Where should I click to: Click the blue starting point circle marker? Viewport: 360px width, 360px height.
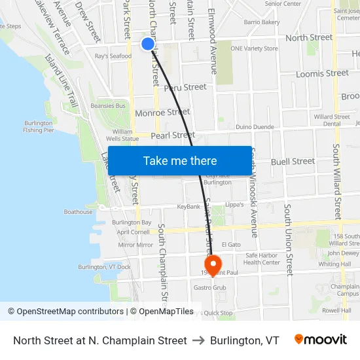point(148,44)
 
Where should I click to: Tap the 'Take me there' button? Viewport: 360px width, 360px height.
point(180,160)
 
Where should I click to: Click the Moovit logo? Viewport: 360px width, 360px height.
point(321,340)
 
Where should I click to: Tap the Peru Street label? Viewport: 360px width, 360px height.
point(185,87)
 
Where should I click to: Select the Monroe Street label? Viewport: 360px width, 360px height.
point(162,113)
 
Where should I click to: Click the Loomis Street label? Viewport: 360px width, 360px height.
point(322,73)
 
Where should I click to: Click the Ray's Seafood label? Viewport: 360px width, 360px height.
point(113,56)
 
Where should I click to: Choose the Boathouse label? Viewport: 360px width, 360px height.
point(78,211)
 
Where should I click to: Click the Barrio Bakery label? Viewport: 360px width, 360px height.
point(262,22)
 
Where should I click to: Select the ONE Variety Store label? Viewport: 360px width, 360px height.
point(254,48)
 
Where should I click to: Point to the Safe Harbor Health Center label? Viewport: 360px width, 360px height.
point(262,259)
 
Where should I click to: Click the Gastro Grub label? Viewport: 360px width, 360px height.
point(209,287)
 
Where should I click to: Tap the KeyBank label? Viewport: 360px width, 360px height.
point(189,207)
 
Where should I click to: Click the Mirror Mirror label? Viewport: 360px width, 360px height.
point(135,244)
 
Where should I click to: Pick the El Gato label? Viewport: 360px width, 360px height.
point(232,244)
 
